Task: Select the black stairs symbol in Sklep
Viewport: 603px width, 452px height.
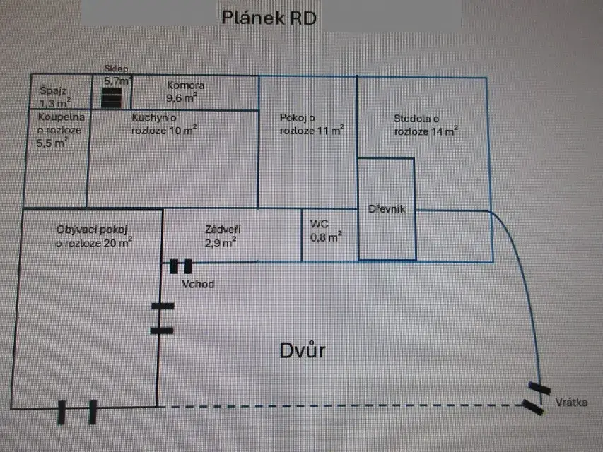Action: (x=111, y=99)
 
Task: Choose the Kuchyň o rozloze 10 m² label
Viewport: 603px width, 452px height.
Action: (x=164, y=124)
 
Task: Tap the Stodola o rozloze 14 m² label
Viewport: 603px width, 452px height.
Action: (x=426, y=124)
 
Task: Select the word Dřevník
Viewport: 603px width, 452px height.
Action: (x=386, y=209)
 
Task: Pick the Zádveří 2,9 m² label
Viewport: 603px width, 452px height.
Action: (x=220, y=235)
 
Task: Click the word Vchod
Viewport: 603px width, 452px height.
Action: (x=197, y=284)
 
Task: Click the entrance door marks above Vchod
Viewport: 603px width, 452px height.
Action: (x=181, y=266)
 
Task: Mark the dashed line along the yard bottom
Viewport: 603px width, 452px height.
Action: (x=339, y=406)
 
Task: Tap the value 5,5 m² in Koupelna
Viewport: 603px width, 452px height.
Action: (x=52, y=142)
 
